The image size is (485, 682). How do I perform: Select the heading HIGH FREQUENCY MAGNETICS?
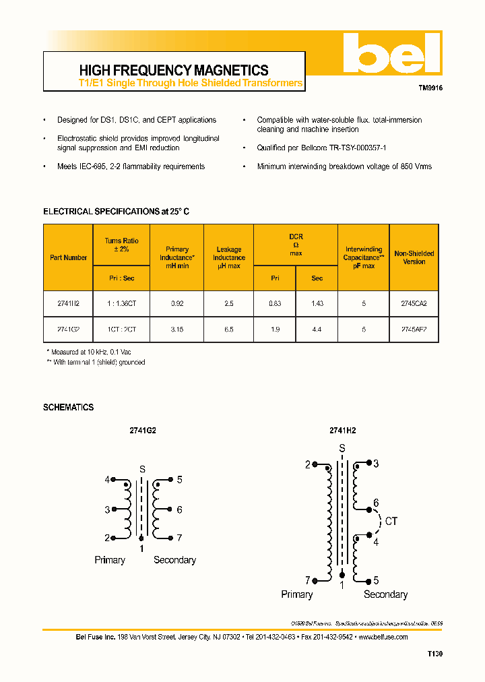[x=174, y=70]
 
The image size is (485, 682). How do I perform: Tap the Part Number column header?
[x=68, y=257]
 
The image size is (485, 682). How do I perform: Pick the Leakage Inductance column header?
[x=229, y=257]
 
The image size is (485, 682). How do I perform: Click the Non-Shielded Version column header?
[x=414, y=257]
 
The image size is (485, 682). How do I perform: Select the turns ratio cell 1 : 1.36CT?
[x=121, y=304]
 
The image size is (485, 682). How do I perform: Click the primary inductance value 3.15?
[x=177, y=330]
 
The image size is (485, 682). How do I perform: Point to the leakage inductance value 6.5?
[x=229, y=330]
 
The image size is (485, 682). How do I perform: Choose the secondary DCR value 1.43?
[x=317, y=304]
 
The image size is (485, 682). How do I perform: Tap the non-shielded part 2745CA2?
[x=414, y=304]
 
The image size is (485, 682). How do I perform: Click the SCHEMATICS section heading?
[x=68, y=408]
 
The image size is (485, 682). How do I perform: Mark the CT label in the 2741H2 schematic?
[x=392, y=521]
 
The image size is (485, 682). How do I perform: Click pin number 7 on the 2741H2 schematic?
[x=307, y=580]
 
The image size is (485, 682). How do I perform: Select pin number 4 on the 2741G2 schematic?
[x=106, y=480]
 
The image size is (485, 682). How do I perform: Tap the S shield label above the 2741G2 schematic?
[x=141, y=469]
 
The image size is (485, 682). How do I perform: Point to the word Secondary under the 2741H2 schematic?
[x=385, y=594]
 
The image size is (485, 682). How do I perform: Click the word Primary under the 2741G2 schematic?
[x=110, y=560]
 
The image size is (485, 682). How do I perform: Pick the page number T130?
[x=434, y=654]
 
